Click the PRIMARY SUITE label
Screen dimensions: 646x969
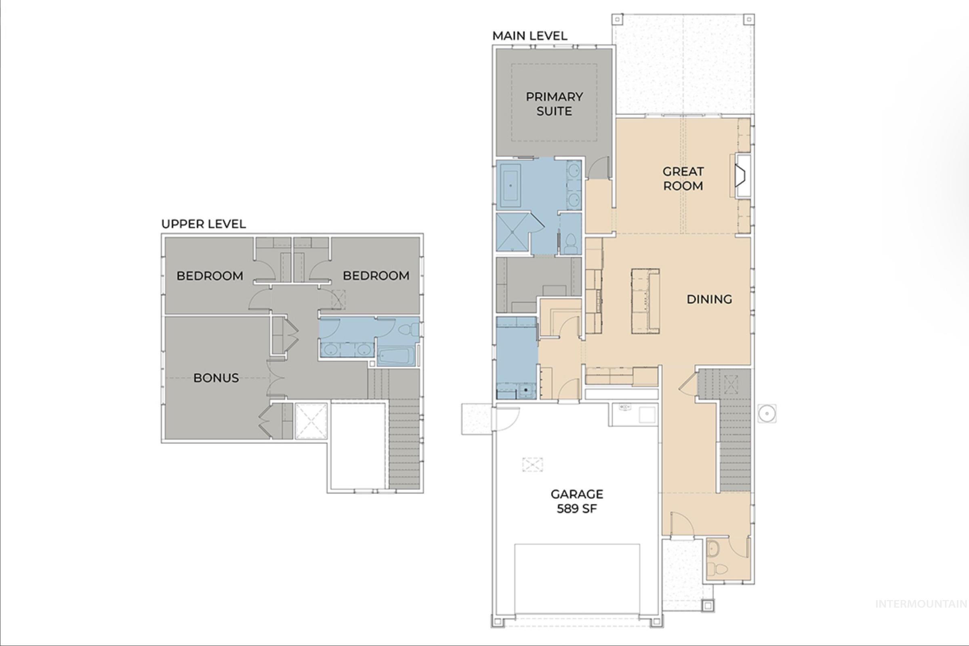(x=554, y=104)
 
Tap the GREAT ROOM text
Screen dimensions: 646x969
(x=683, y=179)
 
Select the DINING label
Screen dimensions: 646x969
(x=709, y=299)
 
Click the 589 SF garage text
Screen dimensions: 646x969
(x=576, y=509)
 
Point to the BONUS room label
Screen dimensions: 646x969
(x=216, y=378)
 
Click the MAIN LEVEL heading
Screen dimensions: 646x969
(x=530, y=36)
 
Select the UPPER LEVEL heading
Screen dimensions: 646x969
(x=204, y=224)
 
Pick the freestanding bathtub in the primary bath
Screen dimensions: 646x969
(x=511, y=186)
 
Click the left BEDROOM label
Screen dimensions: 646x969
(x=210, y=276)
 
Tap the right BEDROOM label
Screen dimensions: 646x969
(x=376, y=276)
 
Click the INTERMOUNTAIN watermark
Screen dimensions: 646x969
(x=921, y=604)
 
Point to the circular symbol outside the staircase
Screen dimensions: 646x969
(x=767, y=413)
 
